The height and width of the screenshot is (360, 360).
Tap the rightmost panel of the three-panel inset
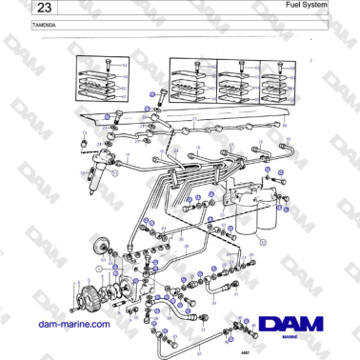click(x=276, y=82)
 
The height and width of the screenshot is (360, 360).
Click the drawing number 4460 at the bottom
click(x=270, y=353)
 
